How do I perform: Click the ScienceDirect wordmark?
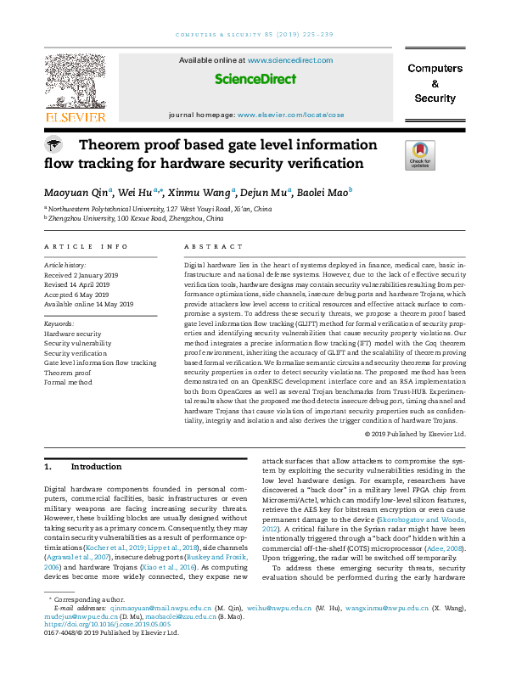pos(255,79)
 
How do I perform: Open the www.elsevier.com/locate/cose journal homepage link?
pos(291,114)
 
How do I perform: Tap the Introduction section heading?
pos(96,467)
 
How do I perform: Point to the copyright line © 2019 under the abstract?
pos(416,434)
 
